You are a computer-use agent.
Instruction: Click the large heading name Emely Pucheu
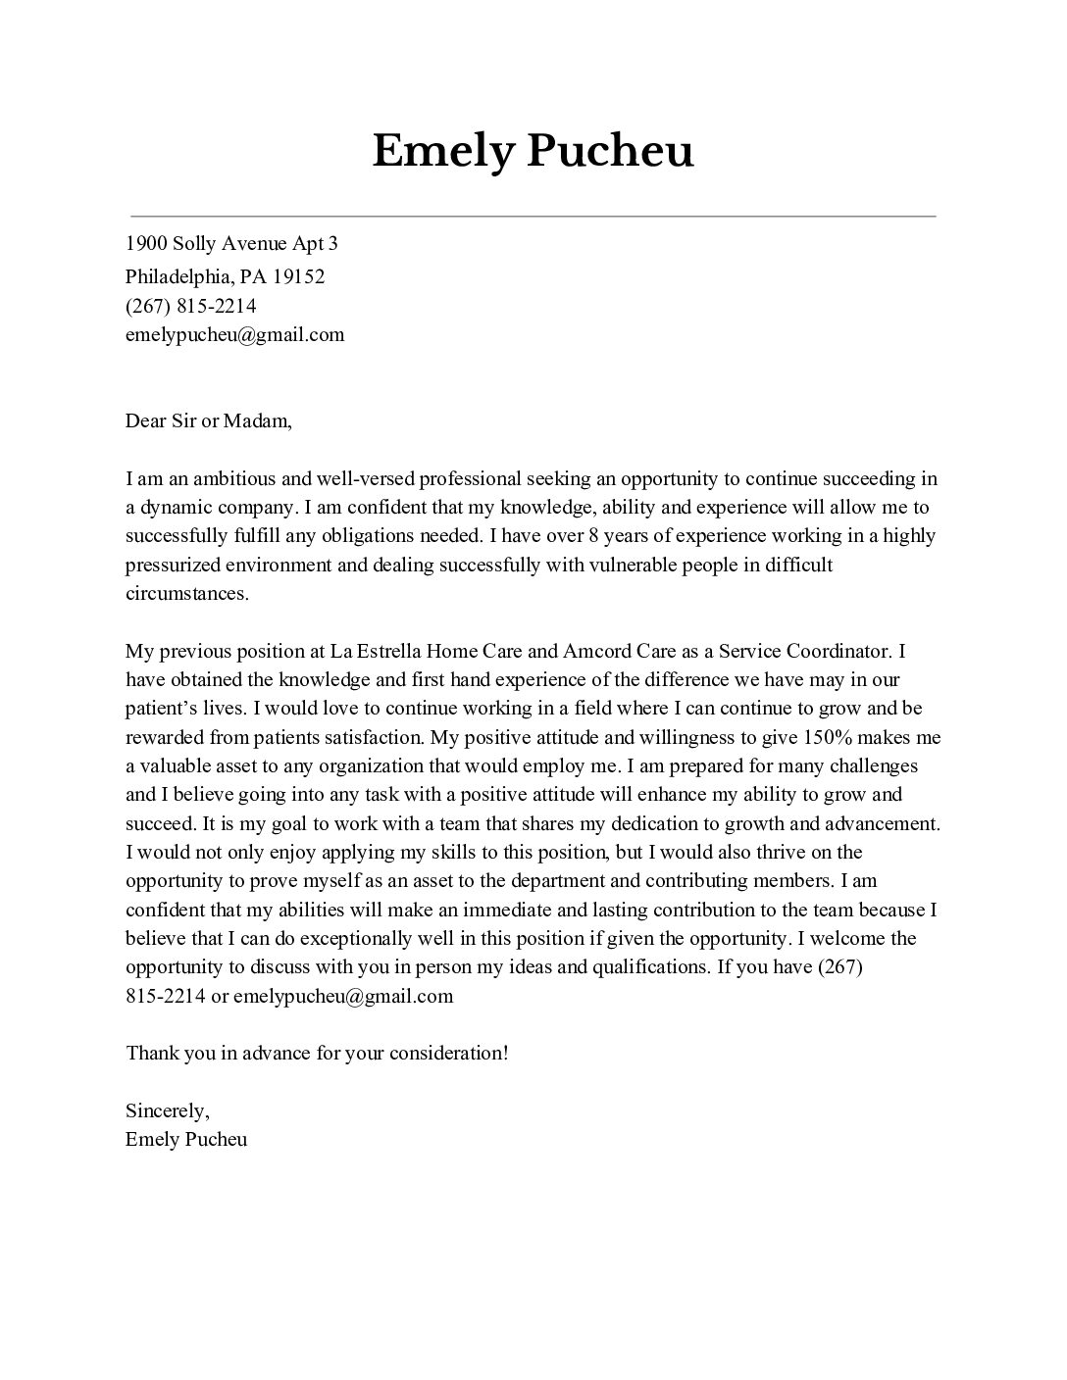[533, 152]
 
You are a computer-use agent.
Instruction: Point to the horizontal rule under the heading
[533, 216]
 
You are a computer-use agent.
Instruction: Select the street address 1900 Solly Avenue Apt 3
[231, 243]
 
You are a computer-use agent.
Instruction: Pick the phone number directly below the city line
[190, 306]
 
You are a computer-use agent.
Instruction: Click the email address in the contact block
[234, 334]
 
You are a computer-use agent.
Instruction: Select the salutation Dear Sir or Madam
[208, 421]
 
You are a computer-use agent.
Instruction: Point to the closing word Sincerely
[167, 1110]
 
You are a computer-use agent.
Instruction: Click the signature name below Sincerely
[186, 1139]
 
